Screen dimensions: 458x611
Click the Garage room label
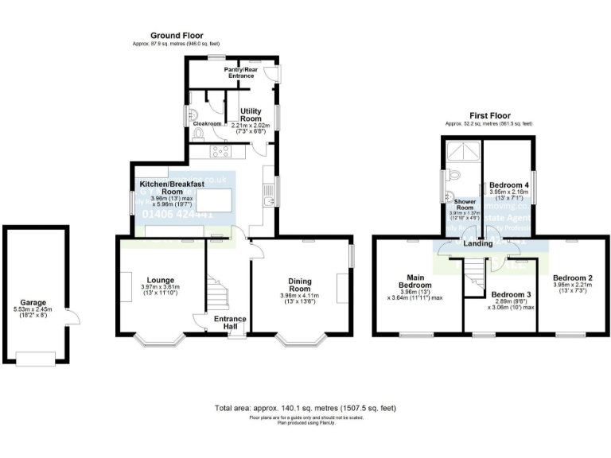(x=33, y=302)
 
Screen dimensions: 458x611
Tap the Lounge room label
(x=158, y=280)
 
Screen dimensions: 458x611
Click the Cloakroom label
(x=206, y=124)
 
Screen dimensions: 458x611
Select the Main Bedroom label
(x=416, y=280)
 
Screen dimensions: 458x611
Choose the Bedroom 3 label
(x=512, y=293)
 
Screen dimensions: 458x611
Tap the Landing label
(x=478, y=243)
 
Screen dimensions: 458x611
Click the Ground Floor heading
(x=177, y=36)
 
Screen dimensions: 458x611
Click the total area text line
(x=305, y=408)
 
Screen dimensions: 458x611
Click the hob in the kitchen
(x=220, y=150)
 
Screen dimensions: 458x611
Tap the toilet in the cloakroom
(x=197, y=135)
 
